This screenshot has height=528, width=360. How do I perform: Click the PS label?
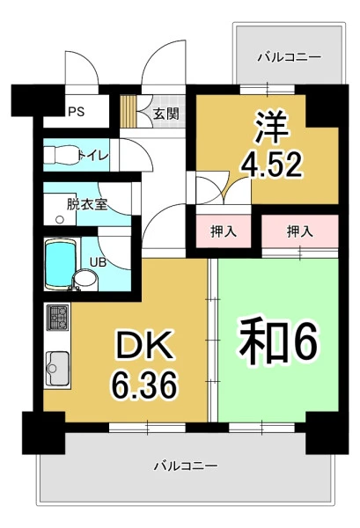pos(77,112)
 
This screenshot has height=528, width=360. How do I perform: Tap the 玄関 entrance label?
pos(166,114)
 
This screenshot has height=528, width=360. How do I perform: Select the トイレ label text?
pos(93,156)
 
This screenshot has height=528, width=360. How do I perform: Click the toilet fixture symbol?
pos(62,156)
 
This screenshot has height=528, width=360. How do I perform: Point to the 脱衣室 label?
pos(87,204)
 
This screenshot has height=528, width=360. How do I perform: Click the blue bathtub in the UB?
pos(59,265)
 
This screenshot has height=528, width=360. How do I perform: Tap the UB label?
pos(98,262)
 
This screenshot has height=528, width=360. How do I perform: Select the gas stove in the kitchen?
pos(58,317)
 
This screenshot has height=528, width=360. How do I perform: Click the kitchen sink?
pos(57,369)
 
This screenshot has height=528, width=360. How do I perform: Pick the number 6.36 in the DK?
pos(144,385)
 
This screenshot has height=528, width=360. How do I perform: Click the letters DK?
pos(143,344)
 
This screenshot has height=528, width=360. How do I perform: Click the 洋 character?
pos(272,127)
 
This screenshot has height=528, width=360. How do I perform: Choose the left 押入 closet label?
pos(224,231)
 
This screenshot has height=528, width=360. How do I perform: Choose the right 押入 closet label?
pos(300,231)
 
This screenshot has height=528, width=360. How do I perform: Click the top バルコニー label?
pos(290,57)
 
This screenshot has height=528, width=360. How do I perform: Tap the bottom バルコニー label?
pos(187,466)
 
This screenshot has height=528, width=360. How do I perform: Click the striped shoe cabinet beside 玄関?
pos(129,112)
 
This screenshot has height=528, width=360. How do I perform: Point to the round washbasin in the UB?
pos(85,279)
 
